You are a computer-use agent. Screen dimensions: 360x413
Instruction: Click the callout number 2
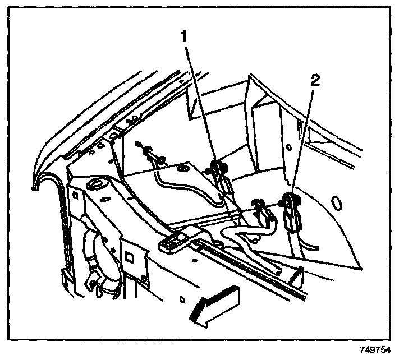coord(316,81)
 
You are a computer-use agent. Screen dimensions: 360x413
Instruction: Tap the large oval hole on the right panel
coord(337,202)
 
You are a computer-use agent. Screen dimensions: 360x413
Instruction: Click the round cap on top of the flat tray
coord(183,168)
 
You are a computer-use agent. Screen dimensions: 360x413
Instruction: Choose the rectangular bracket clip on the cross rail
coord(175,239)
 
